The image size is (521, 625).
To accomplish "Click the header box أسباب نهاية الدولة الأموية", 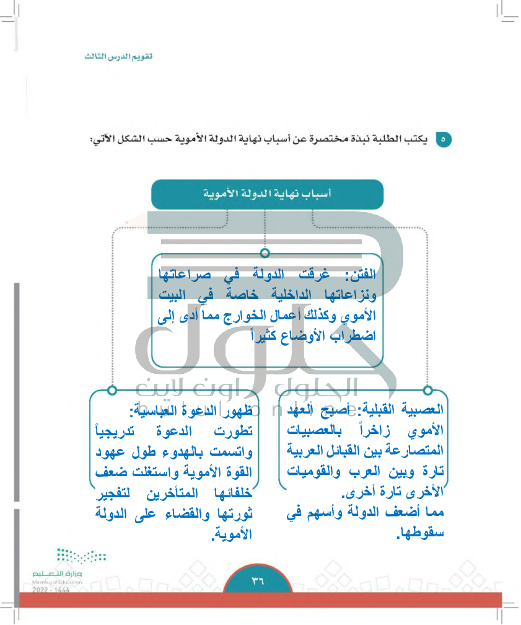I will (267, 194).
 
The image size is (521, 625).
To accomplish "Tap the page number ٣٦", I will (258, 581).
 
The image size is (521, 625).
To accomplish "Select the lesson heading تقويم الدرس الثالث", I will (118, 56).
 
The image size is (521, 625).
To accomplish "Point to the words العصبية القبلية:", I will (403, 410).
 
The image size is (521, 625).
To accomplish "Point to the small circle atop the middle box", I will (265, 253).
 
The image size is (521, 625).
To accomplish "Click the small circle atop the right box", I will (427, 390).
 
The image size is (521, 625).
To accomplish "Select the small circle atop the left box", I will (112, 390).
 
